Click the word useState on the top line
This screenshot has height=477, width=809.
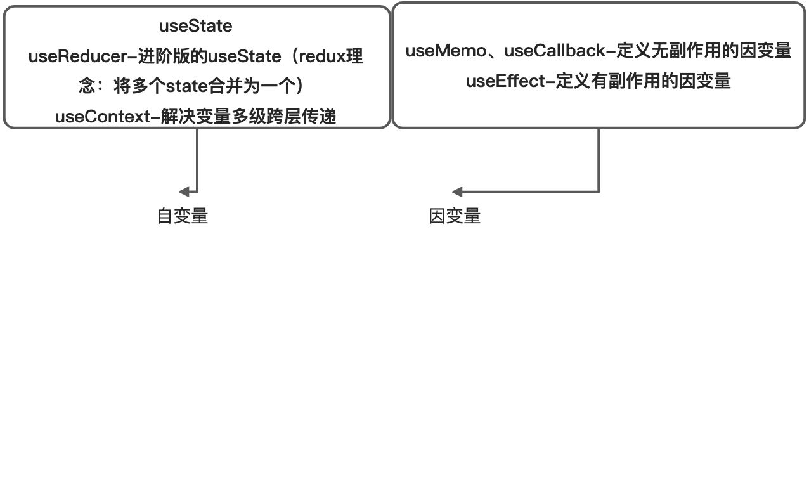pyautogui.click(x=195, y=27)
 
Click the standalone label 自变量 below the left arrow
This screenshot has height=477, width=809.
pyautogui.click(x=183, y=216)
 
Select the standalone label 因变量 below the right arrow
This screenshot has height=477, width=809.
pyautogui.click(x=455, y=216)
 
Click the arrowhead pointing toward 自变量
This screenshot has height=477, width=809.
pyautogui.click(x=184, y=192)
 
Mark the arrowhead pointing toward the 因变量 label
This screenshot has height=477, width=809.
pyautogui.click(x=456, y=192)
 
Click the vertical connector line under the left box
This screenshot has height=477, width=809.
pyautogui.click(x=197, y=159)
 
